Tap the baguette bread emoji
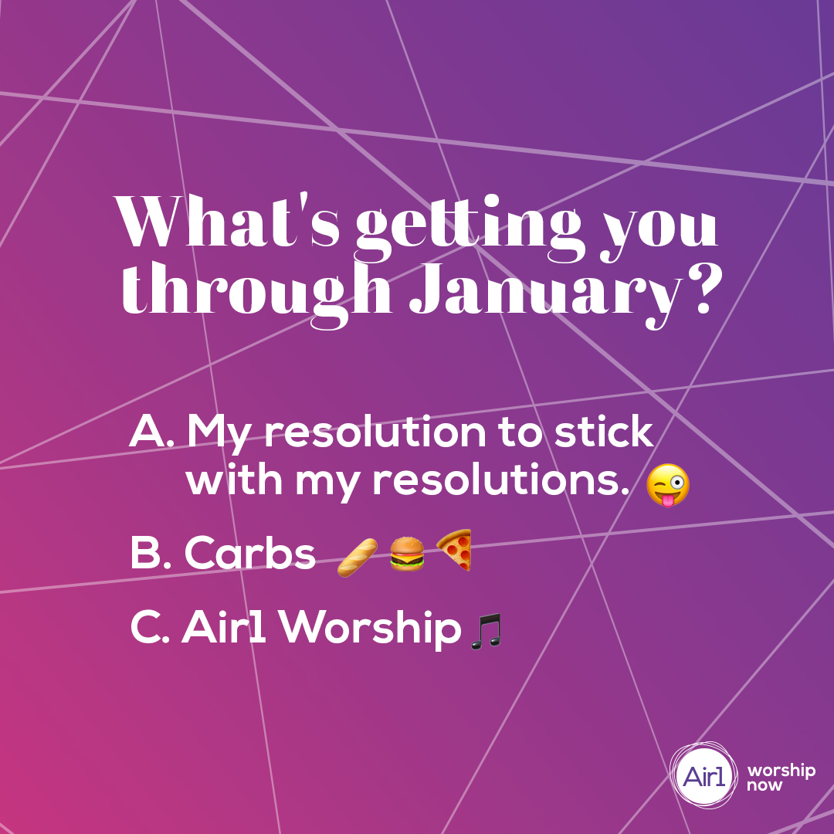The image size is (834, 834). (x=358, y=556)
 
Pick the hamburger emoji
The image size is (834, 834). (x=406, y=554)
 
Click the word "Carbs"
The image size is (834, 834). (x=250, y=554)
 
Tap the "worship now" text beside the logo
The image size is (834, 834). (x=780, y=778)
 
